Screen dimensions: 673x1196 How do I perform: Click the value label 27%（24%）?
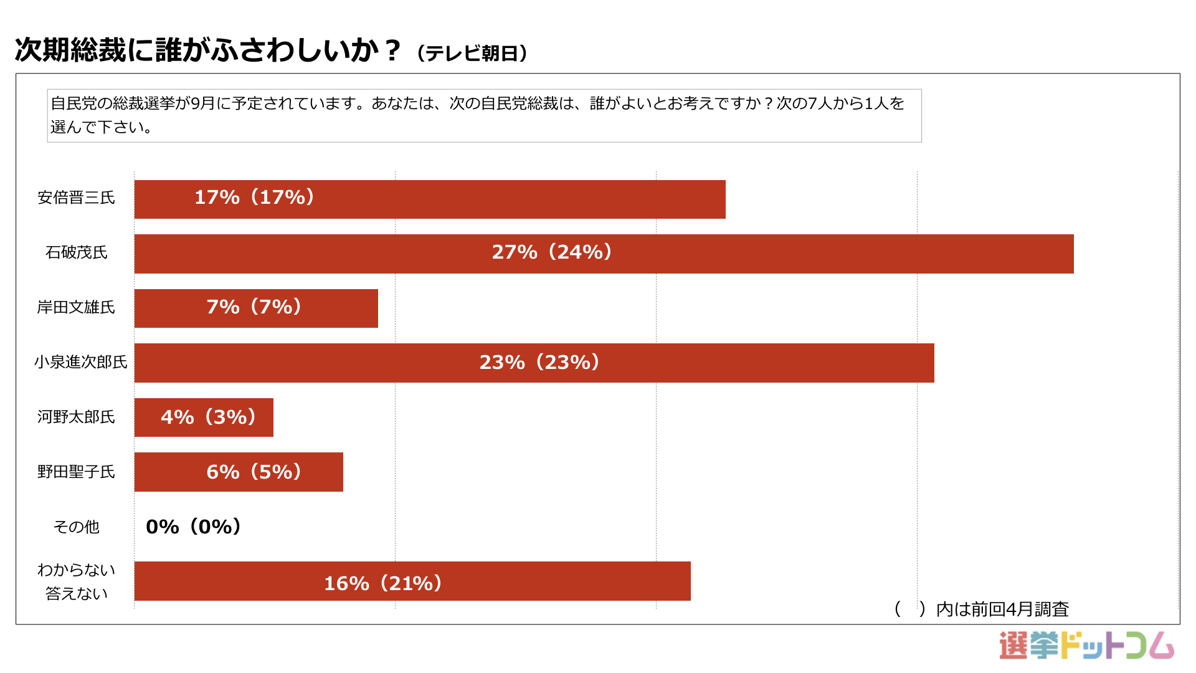tap(552, 252)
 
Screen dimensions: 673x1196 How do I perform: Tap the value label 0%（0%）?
tap(193, 527)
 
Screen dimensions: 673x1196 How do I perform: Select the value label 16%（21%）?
tap(382, 583)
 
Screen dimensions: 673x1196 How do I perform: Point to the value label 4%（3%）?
tap(208, 417)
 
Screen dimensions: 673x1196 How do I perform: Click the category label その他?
tap(76, 527)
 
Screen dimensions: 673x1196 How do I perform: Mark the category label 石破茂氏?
tap(76, 252)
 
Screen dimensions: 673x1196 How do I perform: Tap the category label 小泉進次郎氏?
tap(80, 362)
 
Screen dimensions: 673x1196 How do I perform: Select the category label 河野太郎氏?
tap(76, 417)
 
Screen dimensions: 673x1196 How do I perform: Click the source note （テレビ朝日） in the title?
tap(472, 54)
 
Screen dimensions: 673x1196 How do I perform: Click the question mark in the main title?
tap(392, 50)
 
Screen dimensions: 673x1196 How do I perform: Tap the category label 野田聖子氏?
tap(76, 472)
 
